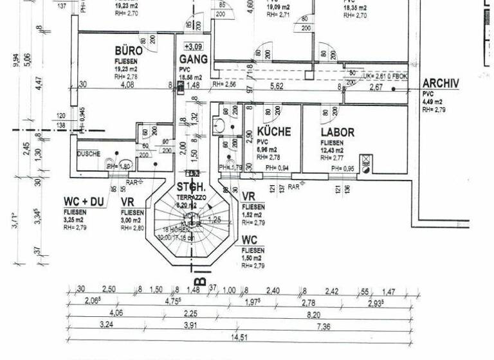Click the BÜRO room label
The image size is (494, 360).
(129, 51)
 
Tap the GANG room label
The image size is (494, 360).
(193, 59)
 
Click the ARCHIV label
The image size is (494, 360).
(441, 84)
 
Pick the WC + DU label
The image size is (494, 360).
(84, 202)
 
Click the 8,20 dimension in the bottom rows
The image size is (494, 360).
(313, 314)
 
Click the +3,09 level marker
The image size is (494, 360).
(193, 46)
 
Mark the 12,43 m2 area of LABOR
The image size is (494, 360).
(338, 150)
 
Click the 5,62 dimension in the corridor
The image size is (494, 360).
(277, 87)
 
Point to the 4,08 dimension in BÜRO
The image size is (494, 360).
(127, 84)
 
